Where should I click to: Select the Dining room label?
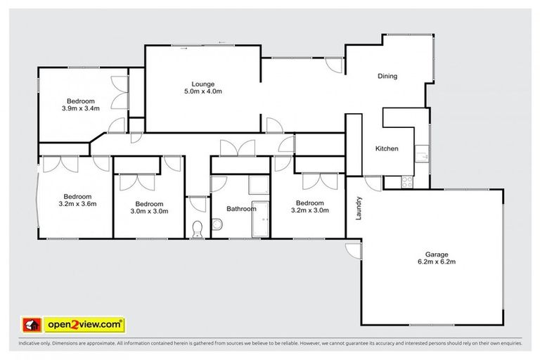387,76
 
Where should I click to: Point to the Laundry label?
359,207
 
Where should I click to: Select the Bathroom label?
240,209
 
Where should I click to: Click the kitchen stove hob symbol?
407,182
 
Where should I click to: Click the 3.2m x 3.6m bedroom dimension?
78,204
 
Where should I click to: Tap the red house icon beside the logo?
31,324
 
